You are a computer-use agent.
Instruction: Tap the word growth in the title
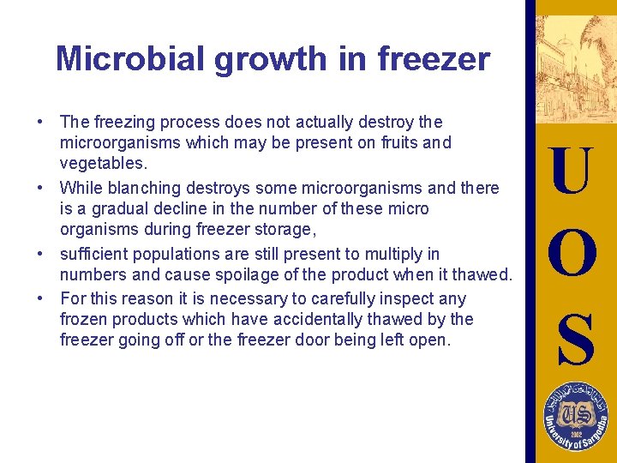tap(255, 59)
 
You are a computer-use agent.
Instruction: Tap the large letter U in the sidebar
tap(571, 171)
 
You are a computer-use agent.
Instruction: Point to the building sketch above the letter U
tap(571, 69)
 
